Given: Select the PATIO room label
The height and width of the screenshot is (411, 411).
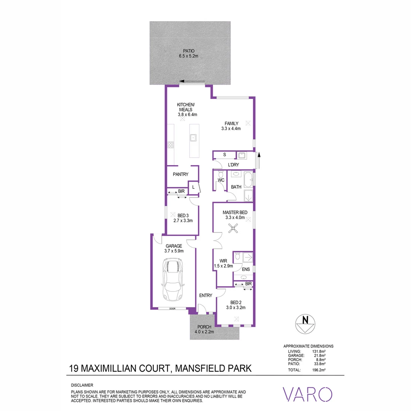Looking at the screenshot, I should tap(188, 50).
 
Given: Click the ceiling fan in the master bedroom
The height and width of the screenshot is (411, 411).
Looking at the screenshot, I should tap(232, 228).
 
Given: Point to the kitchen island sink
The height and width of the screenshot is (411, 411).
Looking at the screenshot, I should tap(193, 137).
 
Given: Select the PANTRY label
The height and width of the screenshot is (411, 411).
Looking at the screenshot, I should tap(181, 174).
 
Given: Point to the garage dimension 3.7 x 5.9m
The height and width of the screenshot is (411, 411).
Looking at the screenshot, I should tap(174, 251).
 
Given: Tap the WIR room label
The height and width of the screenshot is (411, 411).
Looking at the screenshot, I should tap(223, 261).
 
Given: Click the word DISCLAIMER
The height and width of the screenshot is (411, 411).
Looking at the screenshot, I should tap(82, 385).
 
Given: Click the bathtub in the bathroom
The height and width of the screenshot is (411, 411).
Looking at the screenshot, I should tap(248, 179).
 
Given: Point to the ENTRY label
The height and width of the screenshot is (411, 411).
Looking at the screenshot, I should tap(206, 295).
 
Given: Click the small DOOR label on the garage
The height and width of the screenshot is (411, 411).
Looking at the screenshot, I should tap(173, 309).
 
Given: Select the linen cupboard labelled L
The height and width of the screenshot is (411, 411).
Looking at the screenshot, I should tap(193, 187).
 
